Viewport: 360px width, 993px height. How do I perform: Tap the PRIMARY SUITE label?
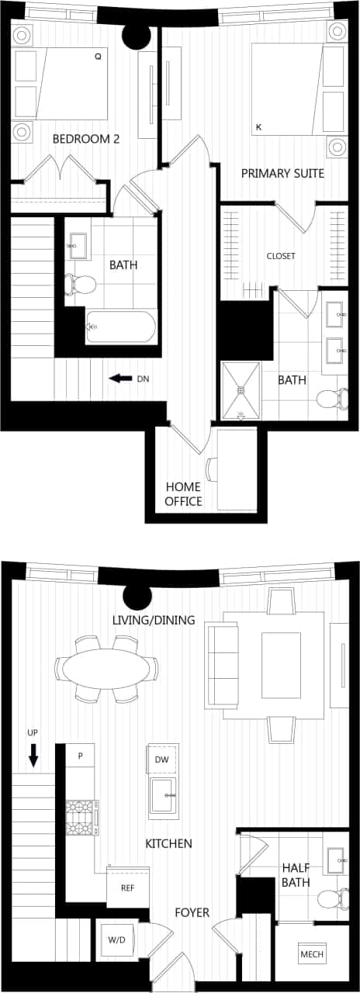[282, 173]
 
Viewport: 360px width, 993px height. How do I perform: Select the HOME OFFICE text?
[183, 494]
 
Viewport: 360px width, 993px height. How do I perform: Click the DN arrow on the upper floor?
[119, 379]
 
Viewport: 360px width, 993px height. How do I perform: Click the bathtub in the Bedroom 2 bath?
[121, 327]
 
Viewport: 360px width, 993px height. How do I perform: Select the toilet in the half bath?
[332, 899]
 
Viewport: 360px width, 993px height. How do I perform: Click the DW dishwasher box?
[161, 759]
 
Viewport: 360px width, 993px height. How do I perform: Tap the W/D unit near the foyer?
[116, 940]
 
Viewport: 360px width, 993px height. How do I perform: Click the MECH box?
[312, 954]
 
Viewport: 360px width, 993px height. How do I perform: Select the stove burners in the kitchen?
[79, 818]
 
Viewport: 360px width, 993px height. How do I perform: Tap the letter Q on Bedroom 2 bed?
[98, 57]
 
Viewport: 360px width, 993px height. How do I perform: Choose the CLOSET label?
[281, 256]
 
